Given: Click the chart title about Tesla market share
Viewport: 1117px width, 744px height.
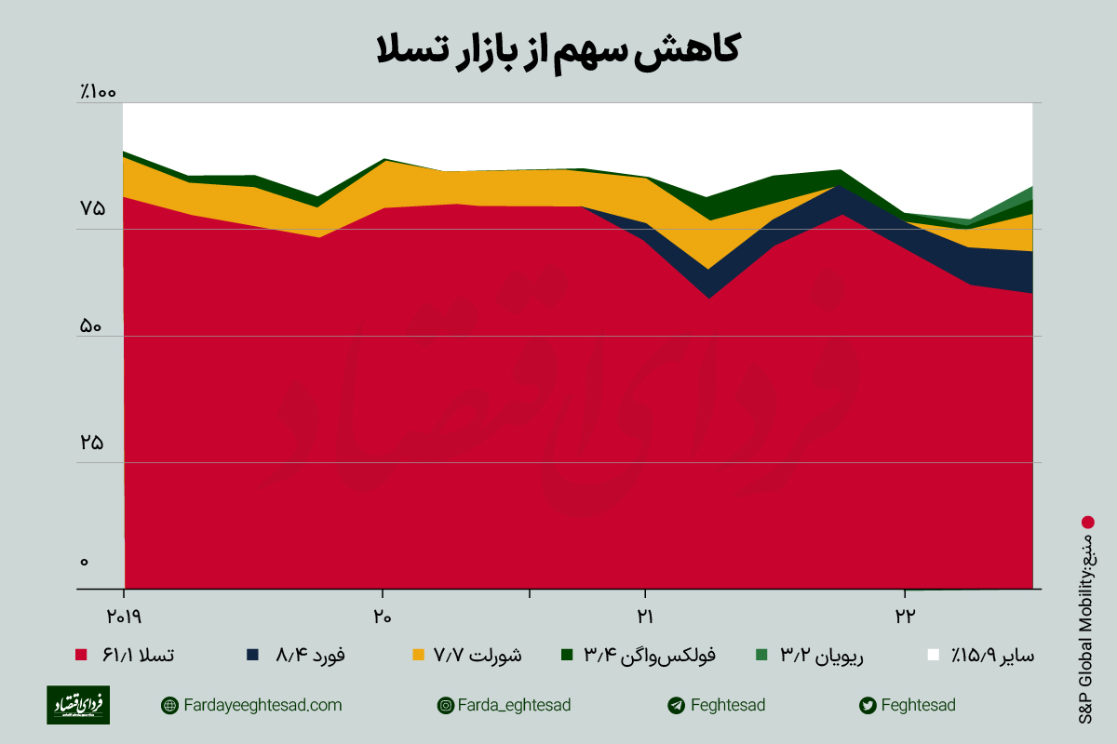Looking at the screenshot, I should [558, 48].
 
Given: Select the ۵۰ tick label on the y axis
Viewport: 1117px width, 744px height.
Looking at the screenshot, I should [91, 326].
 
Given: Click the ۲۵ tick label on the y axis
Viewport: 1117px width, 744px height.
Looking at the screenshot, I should [91, 444].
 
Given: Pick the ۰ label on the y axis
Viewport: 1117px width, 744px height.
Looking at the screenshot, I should [84, 561].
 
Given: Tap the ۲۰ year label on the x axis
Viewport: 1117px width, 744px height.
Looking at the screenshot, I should [382, 615].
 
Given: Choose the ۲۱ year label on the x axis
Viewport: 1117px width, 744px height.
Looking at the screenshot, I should [643, 615].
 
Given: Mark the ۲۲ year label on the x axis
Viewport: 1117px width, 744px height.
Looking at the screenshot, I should [903, 615].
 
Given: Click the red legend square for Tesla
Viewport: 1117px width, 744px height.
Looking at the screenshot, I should [80, 656].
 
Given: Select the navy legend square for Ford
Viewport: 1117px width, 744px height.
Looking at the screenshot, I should [252, 656].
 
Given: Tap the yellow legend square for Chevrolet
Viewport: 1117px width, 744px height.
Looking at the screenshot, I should [418, 656].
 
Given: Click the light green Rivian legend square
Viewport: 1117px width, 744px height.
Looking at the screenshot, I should [761, 656].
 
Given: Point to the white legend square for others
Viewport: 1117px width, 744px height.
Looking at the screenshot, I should [933, 656].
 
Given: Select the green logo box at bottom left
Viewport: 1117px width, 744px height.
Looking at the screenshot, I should [78, 705].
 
